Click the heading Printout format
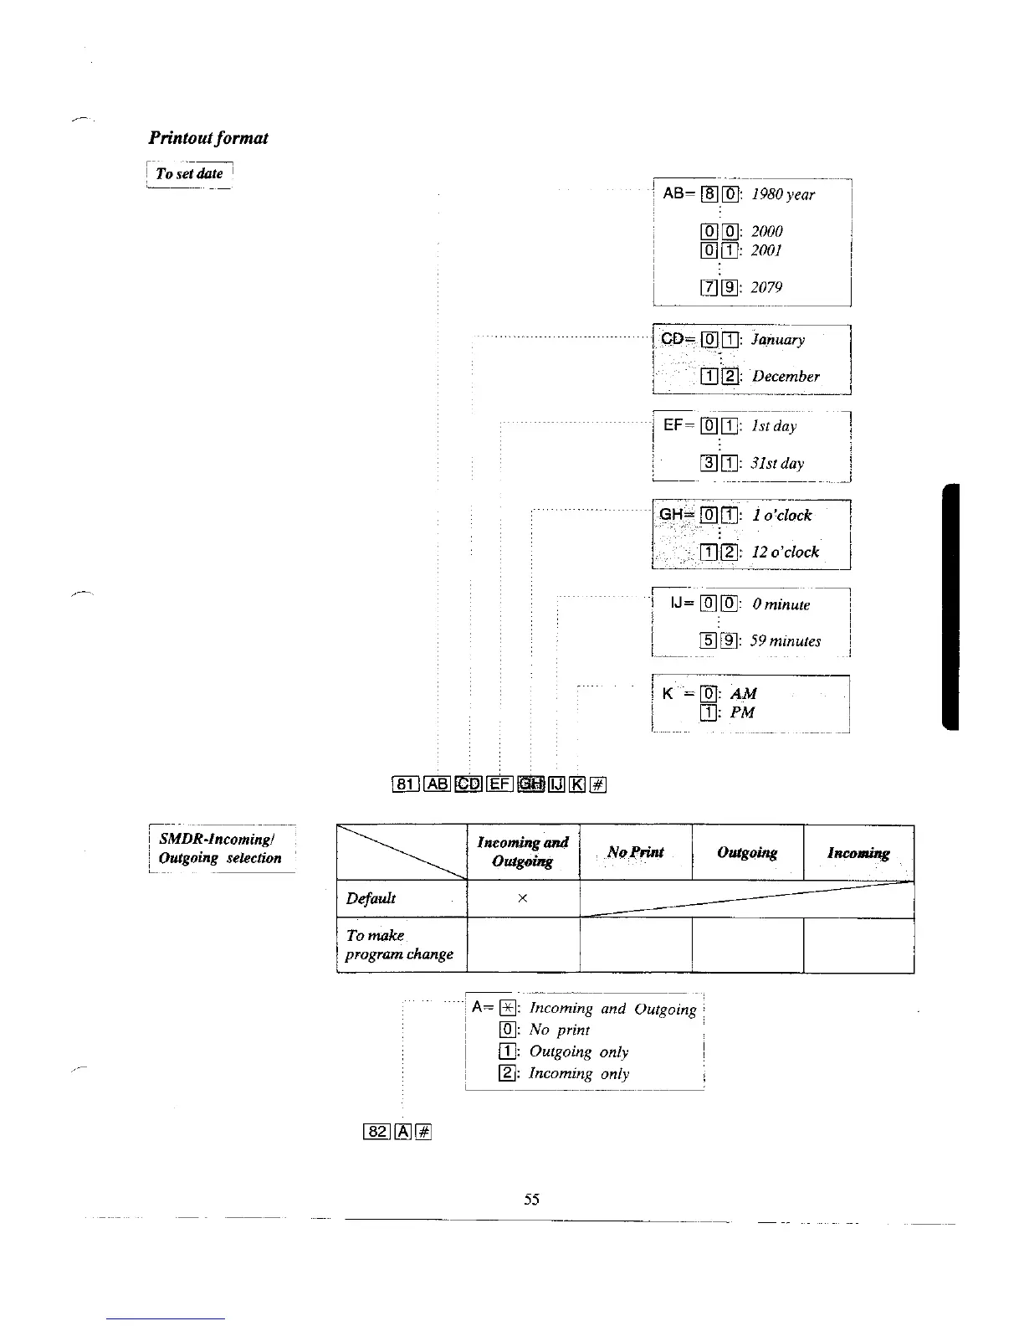click(x=208, y=138)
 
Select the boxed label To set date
click(x=189, y=174)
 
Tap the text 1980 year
click(x=782, y=194)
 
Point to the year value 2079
click(x=766, y=287)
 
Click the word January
click(x=777, y=340)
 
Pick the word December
click(x=785, y=377)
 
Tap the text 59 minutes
click(x=785, y=641)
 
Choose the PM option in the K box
click(x=742, y=712)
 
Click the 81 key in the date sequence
click(x=405, y=784)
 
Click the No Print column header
click(x=635, y=852)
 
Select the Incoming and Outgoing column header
click(x=522, y=851)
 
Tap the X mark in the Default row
click(x=522, y=898)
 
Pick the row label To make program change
click(x=399, y=944)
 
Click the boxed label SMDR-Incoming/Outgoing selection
click(x=220, y=848)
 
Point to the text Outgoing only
click(x=578, y=1052)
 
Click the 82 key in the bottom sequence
click(x=377, y=1132)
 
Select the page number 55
click(x=531, y=1200)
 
